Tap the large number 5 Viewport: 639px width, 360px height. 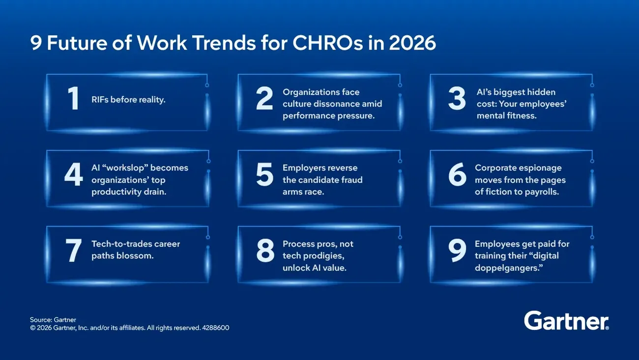click(264, 175)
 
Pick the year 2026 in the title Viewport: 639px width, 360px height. click(412, 43)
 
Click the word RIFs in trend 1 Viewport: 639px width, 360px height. click(100, 100)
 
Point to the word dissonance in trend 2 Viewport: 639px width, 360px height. click(335, 104)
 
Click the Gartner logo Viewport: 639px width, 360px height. click(566, 321)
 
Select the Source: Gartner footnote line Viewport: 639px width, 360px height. click(53, 320)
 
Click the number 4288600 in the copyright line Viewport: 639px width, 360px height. click(215, 328)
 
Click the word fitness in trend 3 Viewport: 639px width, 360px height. click(521, 116)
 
